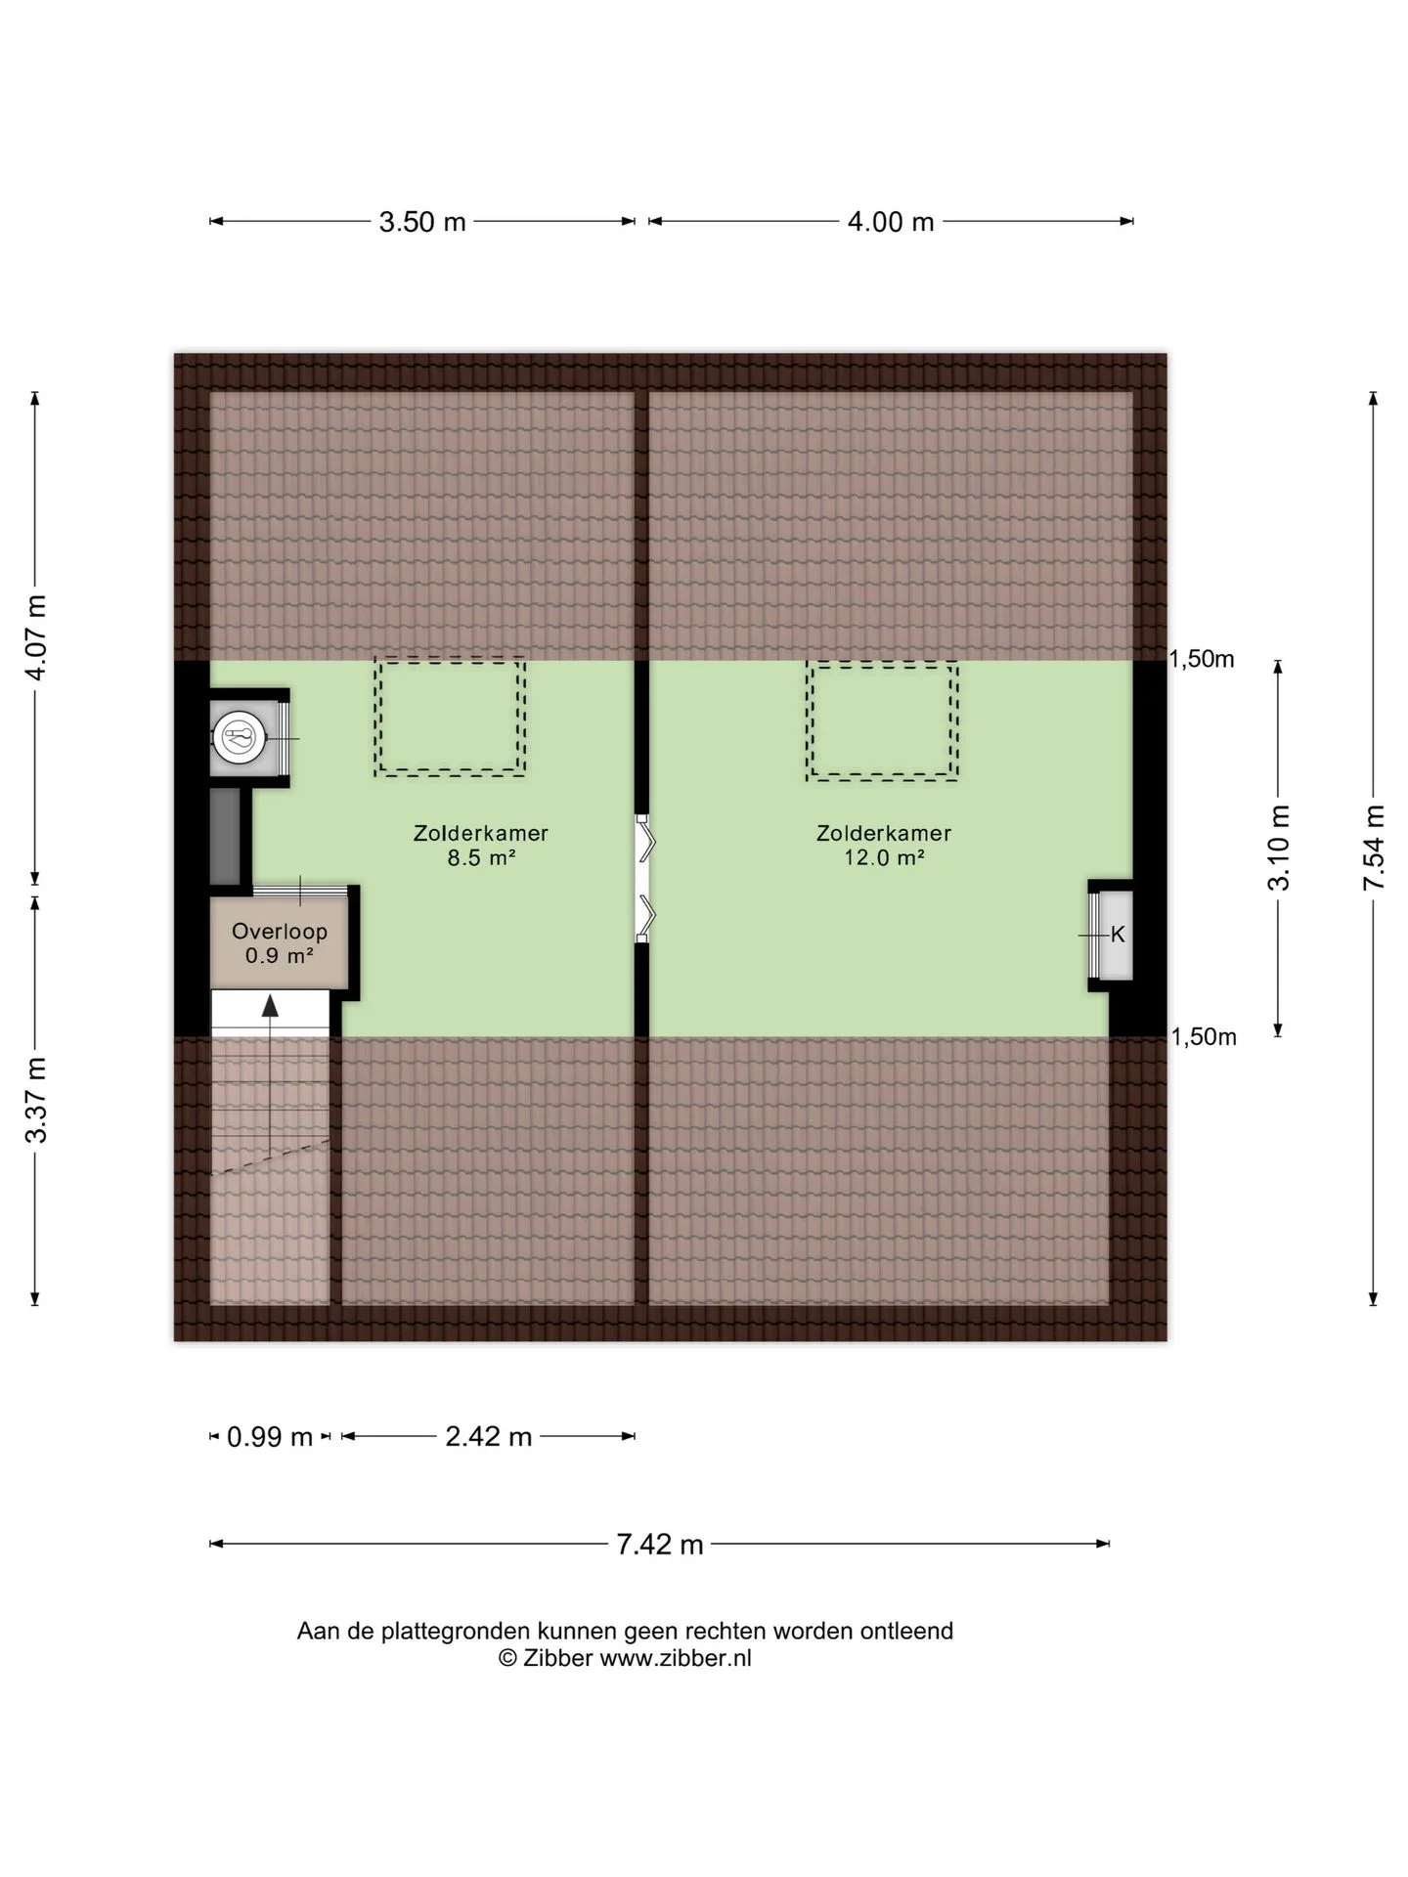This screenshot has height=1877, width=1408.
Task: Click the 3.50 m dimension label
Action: tap(422, 222)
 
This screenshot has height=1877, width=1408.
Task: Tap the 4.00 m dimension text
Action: tap(891, 222)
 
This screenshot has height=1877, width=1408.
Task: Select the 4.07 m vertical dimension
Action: tap(36, 636)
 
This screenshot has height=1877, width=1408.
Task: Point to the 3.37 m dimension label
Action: tap(36, 1100)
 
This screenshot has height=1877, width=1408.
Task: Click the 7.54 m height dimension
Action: tap(1375, 847)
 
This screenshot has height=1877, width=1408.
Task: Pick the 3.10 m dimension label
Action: tap(1279, 847)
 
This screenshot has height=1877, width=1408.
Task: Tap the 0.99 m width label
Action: tap(270, 1437)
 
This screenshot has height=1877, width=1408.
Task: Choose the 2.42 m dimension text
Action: tap(489, 1436)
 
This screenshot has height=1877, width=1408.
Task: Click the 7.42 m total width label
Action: tap(660, 1544)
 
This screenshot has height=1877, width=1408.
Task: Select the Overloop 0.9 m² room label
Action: tap(280, 943)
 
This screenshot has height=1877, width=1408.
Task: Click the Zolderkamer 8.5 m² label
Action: tap(481, 846)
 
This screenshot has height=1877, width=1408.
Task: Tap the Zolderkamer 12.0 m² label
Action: tap(884, 846)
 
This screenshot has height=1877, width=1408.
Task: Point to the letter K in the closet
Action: tap(1118, 935)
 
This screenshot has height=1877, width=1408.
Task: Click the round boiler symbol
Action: tap(239, 736)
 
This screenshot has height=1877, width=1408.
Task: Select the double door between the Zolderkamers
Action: tap(642, 879)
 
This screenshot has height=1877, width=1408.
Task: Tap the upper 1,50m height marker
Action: tap(1202, 660)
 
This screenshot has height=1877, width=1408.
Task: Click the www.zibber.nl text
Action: tap(676, 1658)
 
